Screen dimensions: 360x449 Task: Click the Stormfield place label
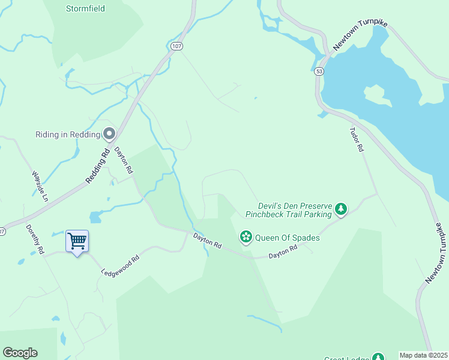tap(85, 8)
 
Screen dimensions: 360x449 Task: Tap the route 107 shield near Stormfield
tap(176, 46)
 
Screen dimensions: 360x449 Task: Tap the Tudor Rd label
tap(357, 138)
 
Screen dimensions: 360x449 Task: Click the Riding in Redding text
tap(67, 134)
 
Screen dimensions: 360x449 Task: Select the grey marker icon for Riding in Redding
tap(109, 134)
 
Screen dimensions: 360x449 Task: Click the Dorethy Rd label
tap(35, 239)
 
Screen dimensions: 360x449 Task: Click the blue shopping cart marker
tap(77, 242)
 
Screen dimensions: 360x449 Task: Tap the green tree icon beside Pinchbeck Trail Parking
tap(341, 209)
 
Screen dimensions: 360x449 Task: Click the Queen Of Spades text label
tap(287, 238)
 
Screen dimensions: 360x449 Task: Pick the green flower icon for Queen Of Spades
tap(246, 238)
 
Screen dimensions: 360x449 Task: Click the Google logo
tap(20, 353)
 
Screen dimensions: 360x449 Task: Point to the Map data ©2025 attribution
tap(424, 355)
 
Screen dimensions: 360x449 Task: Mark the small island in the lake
tap(374, 94)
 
